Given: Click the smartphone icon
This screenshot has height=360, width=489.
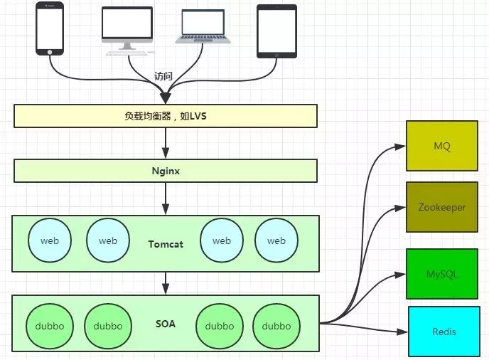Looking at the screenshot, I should point(49,28).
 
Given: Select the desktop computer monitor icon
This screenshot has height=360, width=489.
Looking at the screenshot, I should point(127,28).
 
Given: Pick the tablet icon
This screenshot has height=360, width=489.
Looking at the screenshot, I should point(276,31).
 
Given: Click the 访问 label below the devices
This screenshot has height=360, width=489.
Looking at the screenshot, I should point(163,76).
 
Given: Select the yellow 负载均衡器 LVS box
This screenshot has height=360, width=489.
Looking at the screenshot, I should point(165,116).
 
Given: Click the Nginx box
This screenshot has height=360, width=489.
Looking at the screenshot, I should point(165,171).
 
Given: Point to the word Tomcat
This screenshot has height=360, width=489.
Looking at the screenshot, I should point(166,244).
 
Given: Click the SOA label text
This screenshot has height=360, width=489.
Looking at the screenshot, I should point(166,324).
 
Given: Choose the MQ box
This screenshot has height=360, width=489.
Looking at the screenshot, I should point(442,146).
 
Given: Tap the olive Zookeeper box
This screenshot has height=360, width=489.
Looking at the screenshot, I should point(442,207).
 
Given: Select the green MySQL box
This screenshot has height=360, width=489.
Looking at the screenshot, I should point(442,274).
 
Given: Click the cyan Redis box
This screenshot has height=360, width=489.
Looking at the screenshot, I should point(444,332).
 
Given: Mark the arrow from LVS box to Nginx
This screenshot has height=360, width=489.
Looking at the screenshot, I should point(166,143).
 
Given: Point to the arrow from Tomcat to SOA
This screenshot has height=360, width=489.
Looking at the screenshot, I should point(166,283).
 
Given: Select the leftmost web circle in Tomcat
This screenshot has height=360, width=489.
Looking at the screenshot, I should point(50,240).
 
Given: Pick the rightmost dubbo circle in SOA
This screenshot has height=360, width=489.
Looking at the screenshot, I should point(276,326).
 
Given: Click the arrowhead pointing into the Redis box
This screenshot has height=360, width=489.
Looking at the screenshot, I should point(403,332).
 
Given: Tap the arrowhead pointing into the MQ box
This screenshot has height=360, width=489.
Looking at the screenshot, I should point(400,147).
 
